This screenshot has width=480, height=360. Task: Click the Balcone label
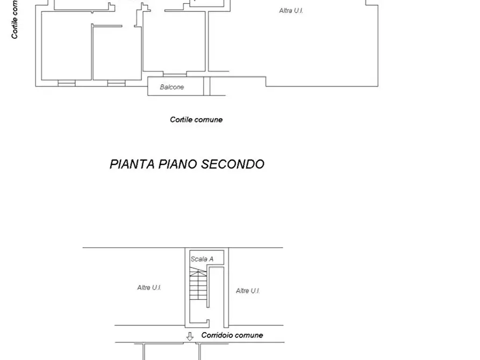pyautogui.click(x=171, y=87)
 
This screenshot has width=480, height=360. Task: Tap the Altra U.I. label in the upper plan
pyautogui.click(x=291, y=11)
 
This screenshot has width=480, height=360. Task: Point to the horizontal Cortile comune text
pyautogui.click(x=196, y=120)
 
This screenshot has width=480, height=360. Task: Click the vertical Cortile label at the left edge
pyautogui.click(x=15, y=19)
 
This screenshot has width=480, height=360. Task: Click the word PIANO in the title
pyautogui.click(x=178, y=164)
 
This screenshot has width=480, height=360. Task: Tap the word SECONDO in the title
pyautogui.click(x=233, y=164)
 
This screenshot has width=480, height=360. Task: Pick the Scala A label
pyautogui.click(x=202, y=259)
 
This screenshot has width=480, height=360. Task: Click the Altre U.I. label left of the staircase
pyautogui.click(x=149, y=288)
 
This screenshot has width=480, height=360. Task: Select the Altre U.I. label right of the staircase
pyautogui.click(x=248, y=291)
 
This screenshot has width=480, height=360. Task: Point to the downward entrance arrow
pyautogui.click(x=190, y=337)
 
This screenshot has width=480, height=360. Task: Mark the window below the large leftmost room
pyautogui.click(x=66, y=83)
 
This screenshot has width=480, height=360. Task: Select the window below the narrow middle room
pyautogui.click(x=116, y=83)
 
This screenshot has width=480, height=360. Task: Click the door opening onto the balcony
pyautogui.click(x=175, y=75)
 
